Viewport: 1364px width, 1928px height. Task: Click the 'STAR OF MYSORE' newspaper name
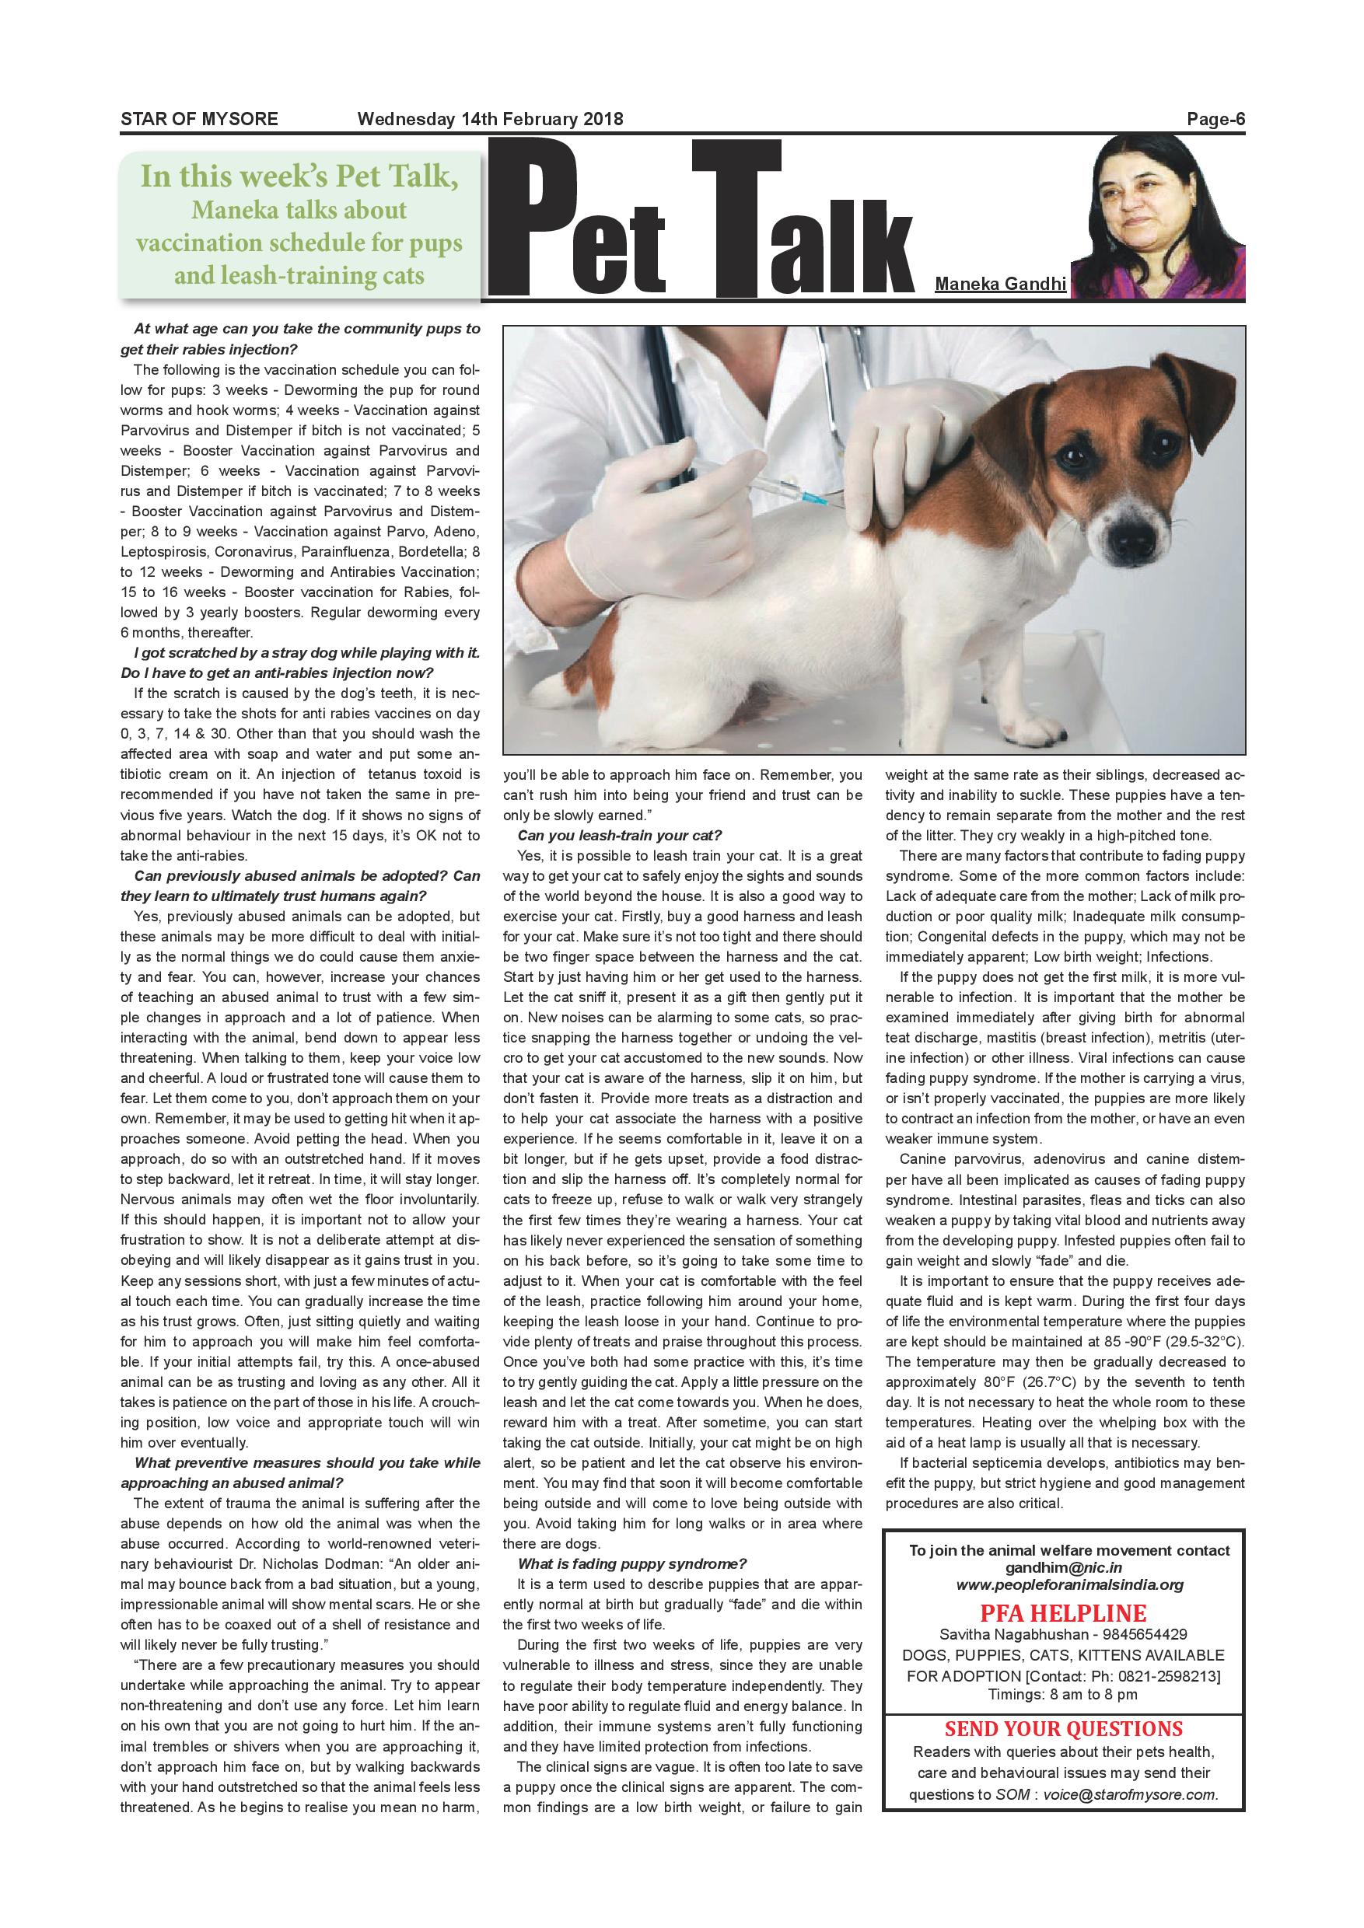[199, 119]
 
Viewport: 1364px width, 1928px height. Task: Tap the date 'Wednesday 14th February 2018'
[490, 119]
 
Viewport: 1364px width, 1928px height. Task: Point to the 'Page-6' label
[1215, 119]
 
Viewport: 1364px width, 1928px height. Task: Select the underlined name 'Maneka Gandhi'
[1000, 284]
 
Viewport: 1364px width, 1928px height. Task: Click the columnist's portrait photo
[1159, 217]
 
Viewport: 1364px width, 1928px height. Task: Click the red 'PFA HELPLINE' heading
[1062, 1614]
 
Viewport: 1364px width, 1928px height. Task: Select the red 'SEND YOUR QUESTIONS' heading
[1063, 1729]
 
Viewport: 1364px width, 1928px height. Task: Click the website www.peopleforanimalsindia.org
[1069, 1585]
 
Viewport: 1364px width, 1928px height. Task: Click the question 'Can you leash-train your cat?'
[620, 835]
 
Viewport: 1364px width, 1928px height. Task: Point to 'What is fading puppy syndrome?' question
[631, 1563]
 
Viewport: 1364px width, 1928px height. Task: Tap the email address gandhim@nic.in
[1063, 1568]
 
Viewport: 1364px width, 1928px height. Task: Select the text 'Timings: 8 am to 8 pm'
[1063, 1695]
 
